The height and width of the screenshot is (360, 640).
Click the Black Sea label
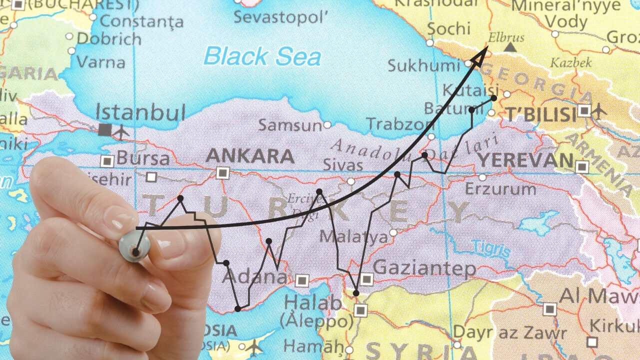[262, 56]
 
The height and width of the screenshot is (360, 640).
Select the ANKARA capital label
[250, 156]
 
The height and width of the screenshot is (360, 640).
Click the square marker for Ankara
[222, 173]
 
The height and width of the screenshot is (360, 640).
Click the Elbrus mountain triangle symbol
[509, 47]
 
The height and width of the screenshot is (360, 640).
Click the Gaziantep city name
[424, 269]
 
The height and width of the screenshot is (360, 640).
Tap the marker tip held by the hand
[135, 251]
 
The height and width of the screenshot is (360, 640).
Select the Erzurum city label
[500, 189]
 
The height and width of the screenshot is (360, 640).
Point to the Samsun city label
[290, 125]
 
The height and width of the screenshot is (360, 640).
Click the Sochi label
[449, 29]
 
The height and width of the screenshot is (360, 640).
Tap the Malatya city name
[353, 236]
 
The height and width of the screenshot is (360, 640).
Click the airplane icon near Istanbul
[121, 131]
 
